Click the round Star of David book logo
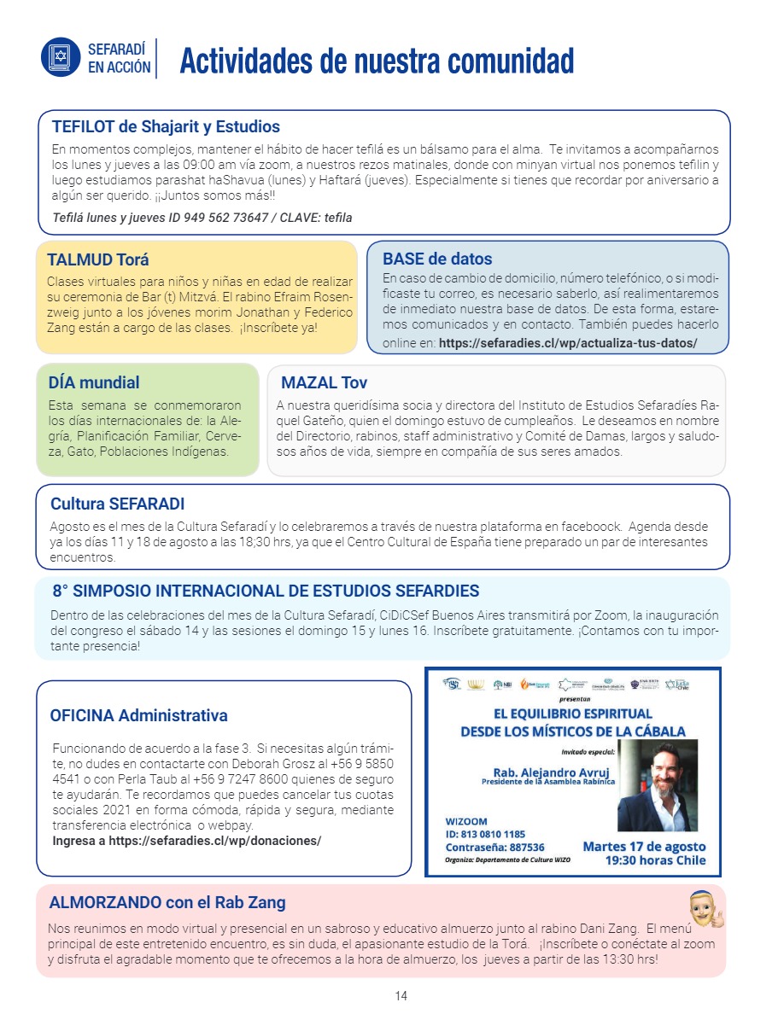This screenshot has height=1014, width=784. (61, 57)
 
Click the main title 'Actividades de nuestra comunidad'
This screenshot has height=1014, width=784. (376, 61)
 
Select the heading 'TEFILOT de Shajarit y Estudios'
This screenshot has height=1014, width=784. (166, 127)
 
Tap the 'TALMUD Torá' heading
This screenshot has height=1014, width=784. (98, 259)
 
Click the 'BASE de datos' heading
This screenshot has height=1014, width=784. (437, 259)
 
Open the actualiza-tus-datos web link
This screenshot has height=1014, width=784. (568, 343)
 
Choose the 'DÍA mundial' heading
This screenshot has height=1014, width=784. (95, 382)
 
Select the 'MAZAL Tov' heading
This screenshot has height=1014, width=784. (325, 382)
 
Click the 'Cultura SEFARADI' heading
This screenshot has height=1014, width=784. (118, 504)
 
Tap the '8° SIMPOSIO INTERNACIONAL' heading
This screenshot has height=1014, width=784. (266, 591)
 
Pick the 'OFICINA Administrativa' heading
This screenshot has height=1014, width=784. (138, 715)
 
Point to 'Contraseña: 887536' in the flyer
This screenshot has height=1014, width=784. (494, 848)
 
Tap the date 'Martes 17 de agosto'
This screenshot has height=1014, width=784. (644, 847)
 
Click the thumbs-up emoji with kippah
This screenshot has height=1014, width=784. (705, 910)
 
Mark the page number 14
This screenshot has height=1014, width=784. (401, 996)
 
